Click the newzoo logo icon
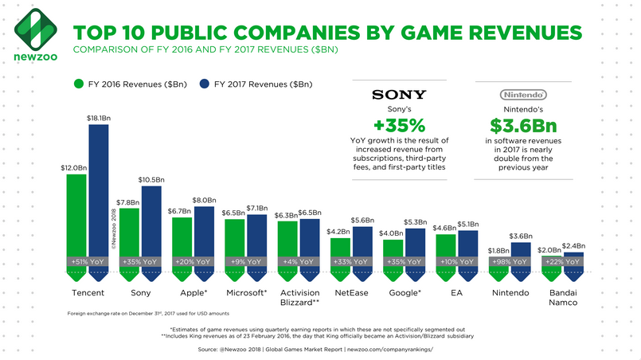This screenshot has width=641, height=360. pos(36,29)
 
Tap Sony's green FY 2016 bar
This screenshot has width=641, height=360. pos(129,245)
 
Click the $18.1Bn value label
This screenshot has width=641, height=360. pos(99,118)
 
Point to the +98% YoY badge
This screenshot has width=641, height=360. pos(510,262)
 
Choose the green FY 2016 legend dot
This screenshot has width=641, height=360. pos(79,84)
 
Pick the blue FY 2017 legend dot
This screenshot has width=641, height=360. pos(205,84)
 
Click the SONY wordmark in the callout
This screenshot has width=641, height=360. pos(399,95)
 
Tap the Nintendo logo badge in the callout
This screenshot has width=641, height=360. pos(523,95)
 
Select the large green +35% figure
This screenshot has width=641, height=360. pos(400,125)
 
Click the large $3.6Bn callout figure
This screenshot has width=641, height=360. pos(523,126)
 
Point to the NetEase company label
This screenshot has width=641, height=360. pos(352,293)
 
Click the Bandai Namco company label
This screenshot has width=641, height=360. pos(563,298)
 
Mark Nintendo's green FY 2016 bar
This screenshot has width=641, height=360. pos(498,268)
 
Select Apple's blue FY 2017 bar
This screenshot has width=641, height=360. pos(204,244)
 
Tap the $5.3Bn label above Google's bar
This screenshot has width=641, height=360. pos(416,222)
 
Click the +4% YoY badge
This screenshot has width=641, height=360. pos(299,262)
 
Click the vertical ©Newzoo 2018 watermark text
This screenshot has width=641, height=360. pos(114,229)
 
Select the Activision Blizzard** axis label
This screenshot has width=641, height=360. pos(299,298)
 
